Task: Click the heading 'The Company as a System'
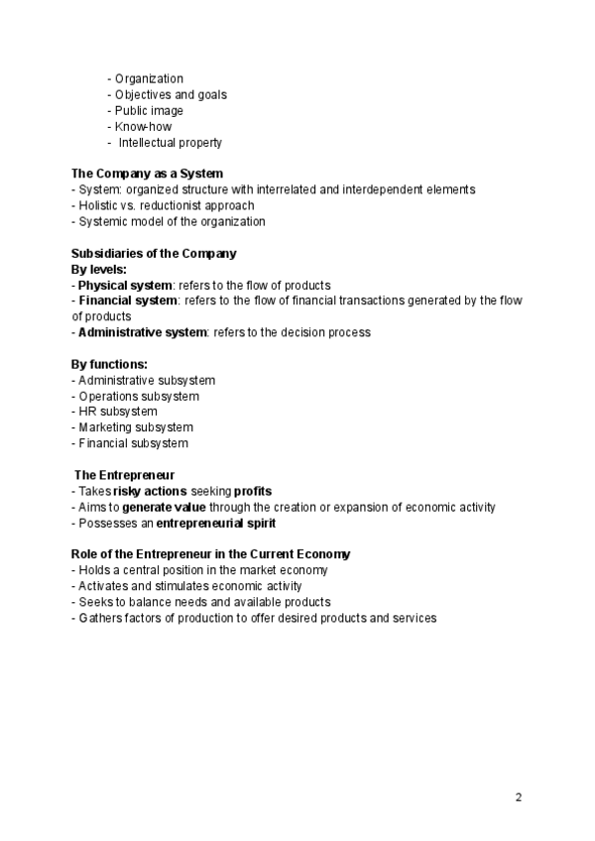point(147,174)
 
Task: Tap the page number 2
point(519,797)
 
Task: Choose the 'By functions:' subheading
point(109,364)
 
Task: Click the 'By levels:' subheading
point(99,269)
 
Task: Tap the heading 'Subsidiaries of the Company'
point(154,253)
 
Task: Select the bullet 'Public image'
point(149,111)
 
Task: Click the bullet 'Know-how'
point(143,127)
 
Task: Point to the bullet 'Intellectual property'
point(170,143)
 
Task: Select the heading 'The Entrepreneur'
point(125,475)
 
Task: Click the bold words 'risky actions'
point(150,491)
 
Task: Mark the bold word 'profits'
point(252,491)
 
